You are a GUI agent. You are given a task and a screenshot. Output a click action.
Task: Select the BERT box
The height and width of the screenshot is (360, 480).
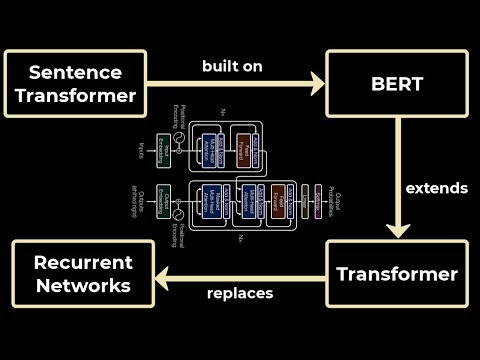398,83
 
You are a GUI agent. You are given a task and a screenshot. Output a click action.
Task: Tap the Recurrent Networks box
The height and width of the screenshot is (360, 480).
82,274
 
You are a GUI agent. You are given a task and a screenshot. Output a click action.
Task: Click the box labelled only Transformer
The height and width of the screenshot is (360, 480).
397,274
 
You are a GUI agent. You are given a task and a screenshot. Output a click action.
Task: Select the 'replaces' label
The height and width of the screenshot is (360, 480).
240,294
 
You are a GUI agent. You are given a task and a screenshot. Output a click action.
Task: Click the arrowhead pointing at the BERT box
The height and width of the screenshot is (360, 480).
317,84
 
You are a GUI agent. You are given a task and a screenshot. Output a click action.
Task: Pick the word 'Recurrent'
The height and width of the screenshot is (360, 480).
82,263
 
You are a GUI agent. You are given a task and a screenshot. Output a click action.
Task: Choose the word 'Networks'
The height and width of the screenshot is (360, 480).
82,285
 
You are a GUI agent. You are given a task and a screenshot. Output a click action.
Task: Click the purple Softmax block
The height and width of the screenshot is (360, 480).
318,194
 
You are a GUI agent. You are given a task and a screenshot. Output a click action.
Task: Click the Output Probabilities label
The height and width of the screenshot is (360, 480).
340,194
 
